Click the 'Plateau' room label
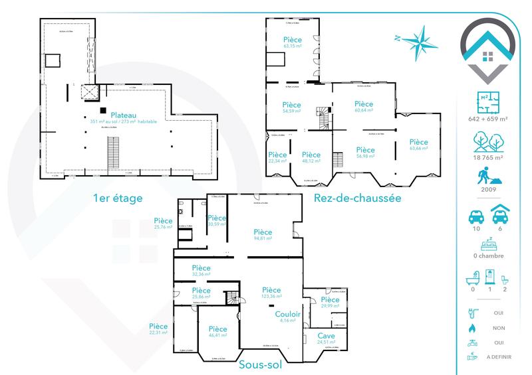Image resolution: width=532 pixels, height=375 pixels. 125,114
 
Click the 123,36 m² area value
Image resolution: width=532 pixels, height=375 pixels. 271,297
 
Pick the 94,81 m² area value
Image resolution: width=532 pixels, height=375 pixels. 263,238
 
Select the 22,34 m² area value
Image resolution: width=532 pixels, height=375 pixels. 277,161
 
